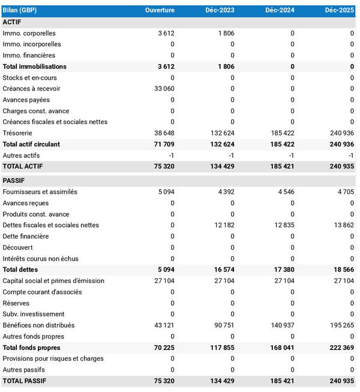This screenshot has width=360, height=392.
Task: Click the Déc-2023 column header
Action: [220, 10]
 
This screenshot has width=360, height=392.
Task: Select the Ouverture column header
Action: [160, 10]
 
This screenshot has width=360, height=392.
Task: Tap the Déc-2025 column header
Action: [340, 10]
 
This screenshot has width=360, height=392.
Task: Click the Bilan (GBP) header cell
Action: [20, 10]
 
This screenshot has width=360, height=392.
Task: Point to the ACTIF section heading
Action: [13, 22]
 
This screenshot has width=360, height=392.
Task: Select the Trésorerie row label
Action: [17, 133]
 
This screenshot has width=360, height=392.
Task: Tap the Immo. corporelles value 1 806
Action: [226, 33]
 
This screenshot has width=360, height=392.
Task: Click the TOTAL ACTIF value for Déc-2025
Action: [341, 166]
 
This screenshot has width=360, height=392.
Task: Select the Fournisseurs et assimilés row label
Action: [40, 192]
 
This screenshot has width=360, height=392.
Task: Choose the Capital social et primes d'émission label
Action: [53, 281]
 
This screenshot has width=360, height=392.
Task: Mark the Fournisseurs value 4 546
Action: [286, 192]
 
